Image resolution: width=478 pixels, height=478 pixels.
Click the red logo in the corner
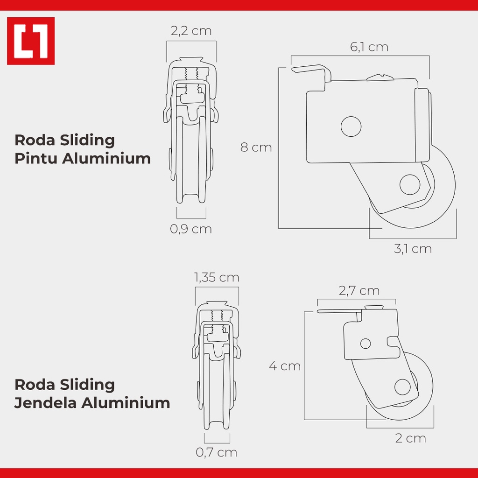31,41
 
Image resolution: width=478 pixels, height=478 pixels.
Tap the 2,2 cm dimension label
191,31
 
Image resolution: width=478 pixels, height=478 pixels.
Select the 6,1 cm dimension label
369,47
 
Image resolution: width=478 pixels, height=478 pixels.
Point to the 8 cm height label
256,148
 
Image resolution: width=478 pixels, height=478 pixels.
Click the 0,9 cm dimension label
191,229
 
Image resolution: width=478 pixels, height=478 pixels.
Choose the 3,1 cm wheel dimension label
413,249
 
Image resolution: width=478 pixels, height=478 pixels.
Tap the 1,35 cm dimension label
217,278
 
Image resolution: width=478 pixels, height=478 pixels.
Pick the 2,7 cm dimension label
359,291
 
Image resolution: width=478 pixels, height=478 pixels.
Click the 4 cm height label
284,366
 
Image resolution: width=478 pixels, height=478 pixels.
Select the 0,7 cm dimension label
216,452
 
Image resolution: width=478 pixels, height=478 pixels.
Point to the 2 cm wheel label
410,439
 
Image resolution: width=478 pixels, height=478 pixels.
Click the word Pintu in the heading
36,159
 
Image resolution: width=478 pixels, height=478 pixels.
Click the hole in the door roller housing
351,126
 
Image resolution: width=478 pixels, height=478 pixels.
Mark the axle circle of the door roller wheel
410,185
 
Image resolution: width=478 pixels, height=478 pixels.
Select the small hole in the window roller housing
366,344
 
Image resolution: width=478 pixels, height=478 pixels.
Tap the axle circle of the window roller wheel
401,387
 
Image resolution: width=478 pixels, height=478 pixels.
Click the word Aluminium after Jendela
126,403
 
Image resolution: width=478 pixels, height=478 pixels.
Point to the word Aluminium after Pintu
106,159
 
